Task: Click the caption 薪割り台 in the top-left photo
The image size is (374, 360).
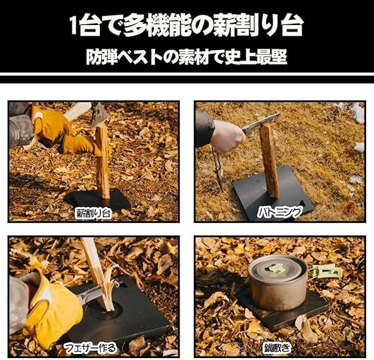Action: pyautogui.click(x=93, y=213)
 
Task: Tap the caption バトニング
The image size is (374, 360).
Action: pyautogui.click(x=279, y=212)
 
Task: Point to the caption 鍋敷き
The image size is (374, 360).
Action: pyautogui.click(x=277, y=347)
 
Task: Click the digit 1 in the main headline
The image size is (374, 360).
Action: pyautogui.click(x=74, y=26)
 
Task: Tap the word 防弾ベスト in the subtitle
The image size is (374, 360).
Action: pyautogui.click(x=127, y=57)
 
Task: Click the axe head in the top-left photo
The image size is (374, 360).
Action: pyautogui.click(x=99, y=115)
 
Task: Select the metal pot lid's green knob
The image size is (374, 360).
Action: pyautogui.click(x=277, y=268)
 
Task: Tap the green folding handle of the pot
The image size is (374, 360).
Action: pyautogui.click(x=325, y=271)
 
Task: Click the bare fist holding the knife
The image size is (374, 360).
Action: pyautogui.click(x=227, y=136)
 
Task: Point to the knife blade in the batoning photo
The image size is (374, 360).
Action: pyautogui.click(x=261, y=123)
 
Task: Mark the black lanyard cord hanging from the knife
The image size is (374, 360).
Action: pyautogui.click(x=218, y=170)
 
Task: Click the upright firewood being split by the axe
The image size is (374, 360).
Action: pyautogui.click(x=103, y=162)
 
